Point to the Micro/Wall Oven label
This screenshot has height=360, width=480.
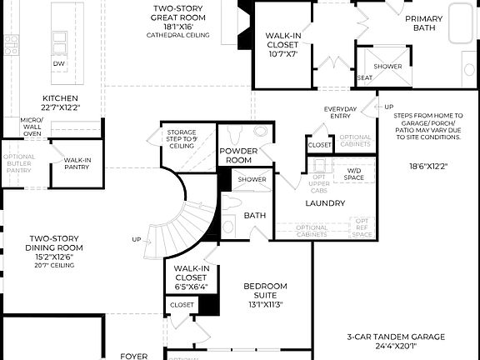point(32,127)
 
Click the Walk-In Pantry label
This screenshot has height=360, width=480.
point(77,163)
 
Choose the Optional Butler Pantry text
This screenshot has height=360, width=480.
point(18,163)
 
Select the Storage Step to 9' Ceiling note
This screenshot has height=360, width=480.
point(181,137)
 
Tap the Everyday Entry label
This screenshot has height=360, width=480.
point(340,113)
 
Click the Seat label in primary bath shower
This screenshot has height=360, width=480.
point(364,77)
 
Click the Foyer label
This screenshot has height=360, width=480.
point(133,356)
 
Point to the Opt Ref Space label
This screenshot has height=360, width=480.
point(363,227)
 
